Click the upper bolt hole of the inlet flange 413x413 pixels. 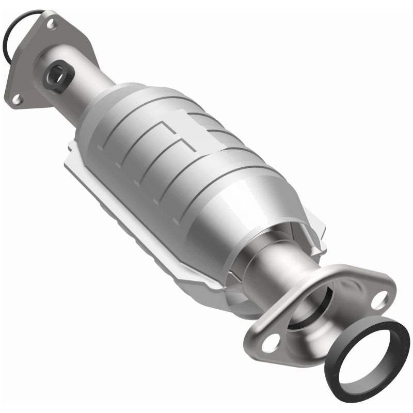pos(51,23)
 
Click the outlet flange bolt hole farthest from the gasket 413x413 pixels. pos(273,340)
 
